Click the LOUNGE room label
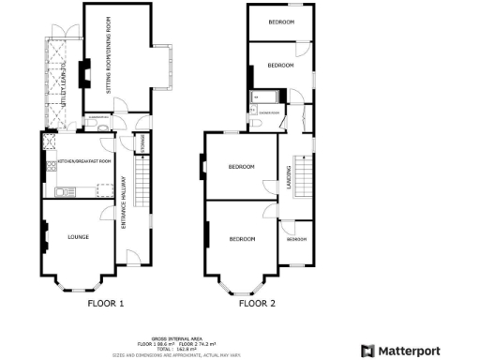[x=78, y=237]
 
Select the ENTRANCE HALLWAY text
[x=124, y=210]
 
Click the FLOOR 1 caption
[x=106, y=303]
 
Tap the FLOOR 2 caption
[x=257, y=303]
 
